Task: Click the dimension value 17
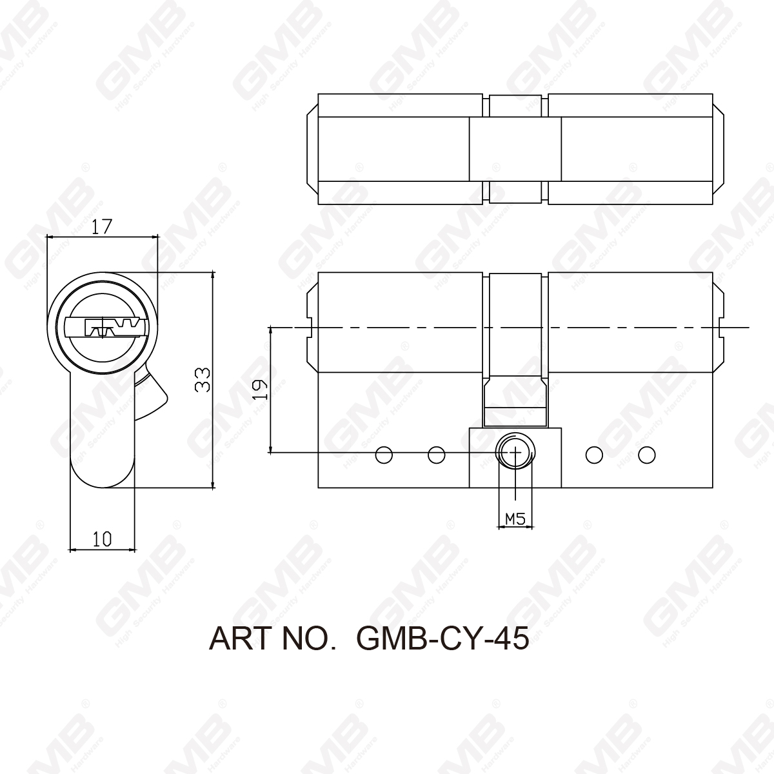(102, 226)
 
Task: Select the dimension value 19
(259, 390)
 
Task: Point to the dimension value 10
(102, 539)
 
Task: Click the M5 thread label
(515, 518)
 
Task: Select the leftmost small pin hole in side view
(384, 455)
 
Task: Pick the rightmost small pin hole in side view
(647, 455)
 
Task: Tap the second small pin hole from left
(437, 455)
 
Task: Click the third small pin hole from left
(594, 455)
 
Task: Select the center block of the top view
(515, 150)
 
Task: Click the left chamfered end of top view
(311, 150)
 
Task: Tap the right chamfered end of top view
(718, 150)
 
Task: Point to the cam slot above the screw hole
(515, 400)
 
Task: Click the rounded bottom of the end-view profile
(102, 474)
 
